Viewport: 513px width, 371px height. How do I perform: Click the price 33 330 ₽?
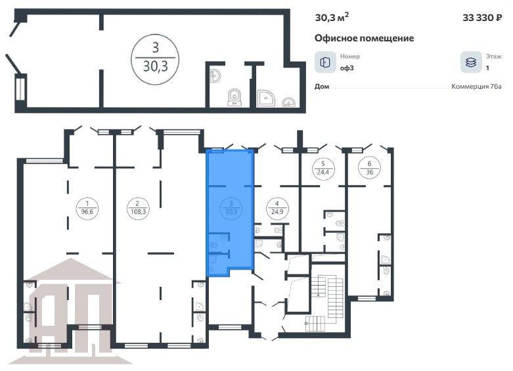pos(482,18)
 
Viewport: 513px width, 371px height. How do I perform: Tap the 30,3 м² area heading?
pos(332,17)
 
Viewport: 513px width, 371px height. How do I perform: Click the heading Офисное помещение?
pos(364,38)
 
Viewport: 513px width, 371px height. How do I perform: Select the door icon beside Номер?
pos(325,62)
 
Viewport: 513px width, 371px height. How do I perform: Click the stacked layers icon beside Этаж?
pos(471,62)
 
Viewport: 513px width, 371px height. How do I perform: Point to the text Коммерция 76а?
pos(476,87)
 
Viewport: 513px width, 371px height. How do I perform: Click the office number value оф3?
pos(347,68)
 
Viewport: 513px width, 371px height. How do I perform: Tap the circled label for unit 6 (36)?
pos(369,167)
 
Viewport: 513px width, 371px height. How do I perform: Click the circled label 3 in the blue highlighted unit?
pos(231,207)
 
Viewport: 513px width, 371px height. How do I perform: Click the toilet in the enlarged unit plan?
pos(234,97)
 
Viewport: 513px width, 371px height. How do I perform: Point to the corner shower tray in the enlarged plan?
pos(265,98)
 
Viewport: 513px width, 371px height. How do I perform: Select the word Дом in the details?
pos(322,87)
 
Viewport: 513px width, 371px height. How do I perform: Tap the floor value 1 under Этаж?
pos(487,68)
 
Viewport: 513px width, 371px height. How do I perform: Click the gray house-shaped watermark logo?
pos(70,311)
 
